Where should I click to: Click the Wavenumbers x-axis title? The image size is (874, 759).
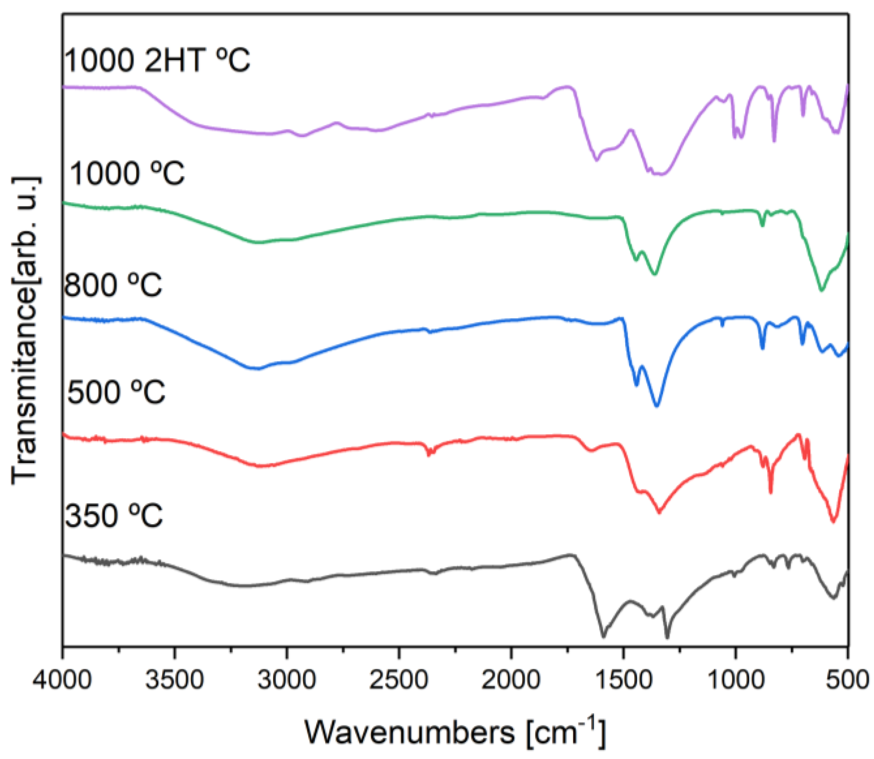454,733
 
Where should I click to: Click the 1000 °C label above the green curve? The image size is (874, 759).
127,173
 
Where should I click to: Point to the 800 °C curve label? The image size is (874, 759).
113,285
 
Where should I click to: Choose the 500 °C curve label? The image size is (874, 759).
116,392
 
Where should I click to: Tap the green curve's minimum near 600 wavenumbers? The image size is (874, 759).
821,290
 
